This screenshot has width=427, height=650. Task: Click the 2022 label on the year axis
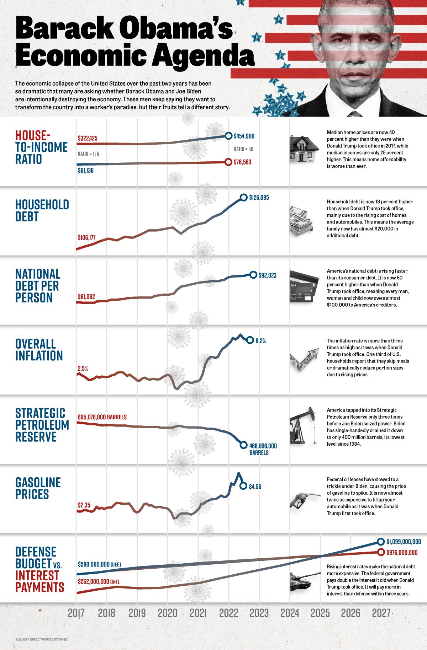click(x=228, y=613)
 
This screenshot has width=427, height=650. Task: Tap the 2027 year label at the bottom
click(x=381, y=613)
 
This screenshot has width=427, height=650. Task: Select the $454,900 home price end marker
click(x=228, y=136)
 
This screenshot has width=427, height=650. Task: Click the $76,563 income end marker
click(x=228, y=162)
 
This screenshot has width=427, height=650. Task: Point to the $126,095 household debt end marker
click(x=243, y=198)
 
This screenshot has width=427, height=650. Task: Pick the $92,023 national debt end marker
click(x=253, y=275)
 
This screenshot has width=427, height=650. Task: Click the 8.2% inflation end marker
click(x=250, y=340)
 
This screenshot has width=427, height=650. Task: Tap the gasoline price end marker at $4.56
click(x=243, y=486)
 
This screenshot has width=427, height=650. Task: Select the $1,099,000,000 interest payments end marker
click(x=381, y=542)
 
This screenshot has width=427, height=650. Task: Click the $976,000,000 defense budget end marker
click(x=381, y=552)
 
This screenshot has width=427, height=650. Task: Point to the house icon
click(x=304, y=149)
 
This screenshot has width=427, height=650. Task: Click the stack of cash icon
click(x=301, y=221)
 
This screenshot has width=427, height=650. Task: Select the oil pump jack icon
click(x=303, y=425)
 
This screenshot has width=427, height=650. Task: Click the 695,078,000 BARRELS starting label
click(x=102, y=417)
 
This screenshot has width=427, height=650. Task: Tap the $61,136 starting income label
click(x=86, y=171)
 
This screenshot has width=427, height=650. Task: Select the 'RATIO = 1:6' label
click(x=243, y=149)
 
